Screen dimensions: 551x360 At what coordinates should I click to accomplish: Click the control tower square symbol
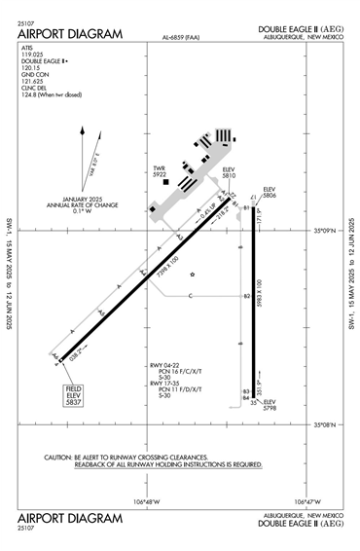(166, 181)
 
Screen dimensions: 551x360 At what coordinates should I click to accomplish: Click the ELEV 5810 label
(230, 171)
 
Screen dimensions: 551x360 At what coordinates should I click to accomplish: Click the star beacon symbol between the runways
(193, 274)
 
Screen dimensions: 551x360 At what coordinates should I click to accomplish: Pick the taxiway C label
(191, 295)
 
